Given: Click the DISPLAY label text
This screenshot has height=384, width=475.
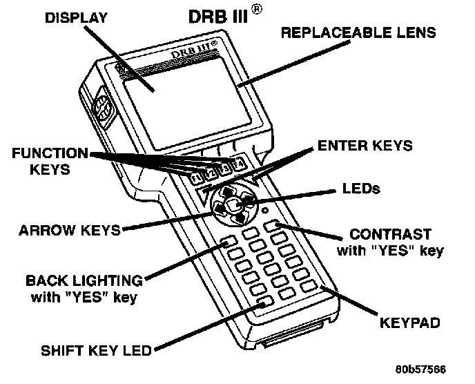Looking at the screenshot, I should (76, 18).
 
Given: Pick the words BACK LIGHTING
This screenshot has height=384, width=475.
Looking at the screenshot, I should (84, 281).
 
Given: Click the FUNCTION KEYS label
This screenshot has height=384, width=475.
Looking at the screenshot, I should (51, 160).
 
